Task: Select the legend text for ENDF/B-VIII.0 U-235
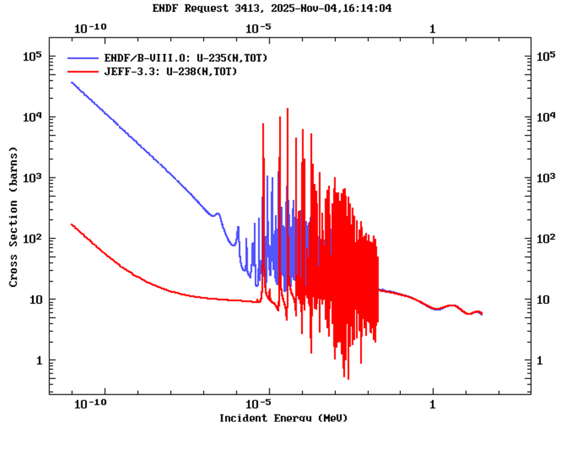(x=186, y=58)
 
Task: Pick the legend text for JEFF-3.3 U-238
(x=170, y=72)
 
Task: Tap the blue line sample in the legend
(x=83, y=58)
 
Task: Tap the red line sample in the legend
(x=83, y=72)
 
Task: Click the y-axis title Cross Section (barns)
(x=13, y=218)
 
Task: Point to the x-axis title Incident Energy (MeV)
(x=283, y=418)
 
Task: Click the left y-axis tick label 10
(x=35, y=300)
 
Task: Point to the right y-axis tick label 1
(x=540, y=360)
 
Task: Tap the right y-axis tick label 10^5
(x=545, y=57)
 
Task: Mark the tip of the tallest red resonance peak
(x=287, y=108)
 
